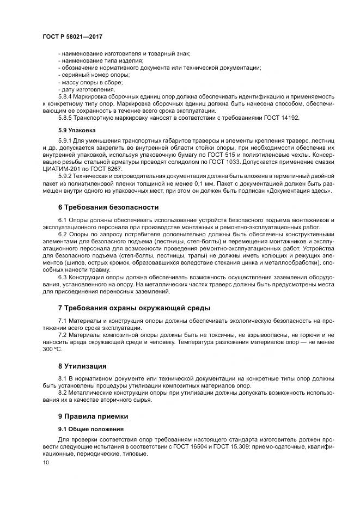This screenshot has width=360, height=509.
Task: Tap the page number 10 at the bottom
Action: point(45,462)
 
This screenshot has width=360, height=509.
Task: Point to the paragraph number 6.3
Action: point(64,276)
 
